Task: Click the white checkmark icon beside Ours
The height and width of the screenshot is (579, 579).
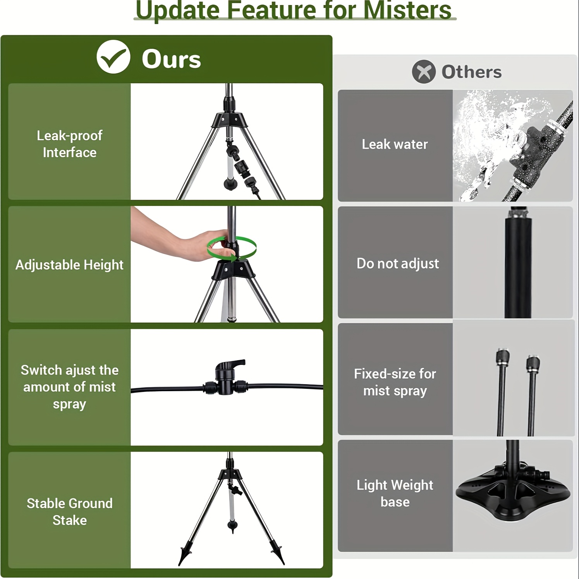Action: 113,57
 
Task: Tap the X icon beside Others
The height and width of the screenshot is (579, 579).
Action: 424,72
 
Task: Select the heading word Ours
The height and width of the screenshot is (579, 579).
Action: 171,59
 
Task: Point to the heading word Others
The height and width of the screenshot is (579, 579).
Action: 471,72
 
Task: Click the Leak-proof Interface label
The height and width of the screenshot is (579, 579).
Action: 70,144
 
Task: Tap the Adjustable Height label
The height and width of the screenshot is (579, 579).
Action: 69,265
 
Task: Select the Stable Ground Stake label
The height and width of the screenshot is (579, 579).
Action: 70,512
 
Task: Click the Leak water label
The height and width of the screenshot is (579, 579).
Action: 395,144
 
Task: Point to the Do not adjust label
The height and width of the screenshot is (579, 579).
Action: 398,263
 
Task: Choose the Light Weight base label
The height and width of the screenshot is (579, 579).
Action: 395,493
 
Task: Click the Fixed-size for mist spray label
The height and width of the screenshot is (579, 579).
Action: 395,382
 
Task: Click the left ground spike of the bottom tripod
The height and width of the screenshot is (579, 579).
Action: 183,555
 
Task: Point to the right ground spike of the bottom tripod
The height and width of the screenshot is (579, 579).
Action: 278,555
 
